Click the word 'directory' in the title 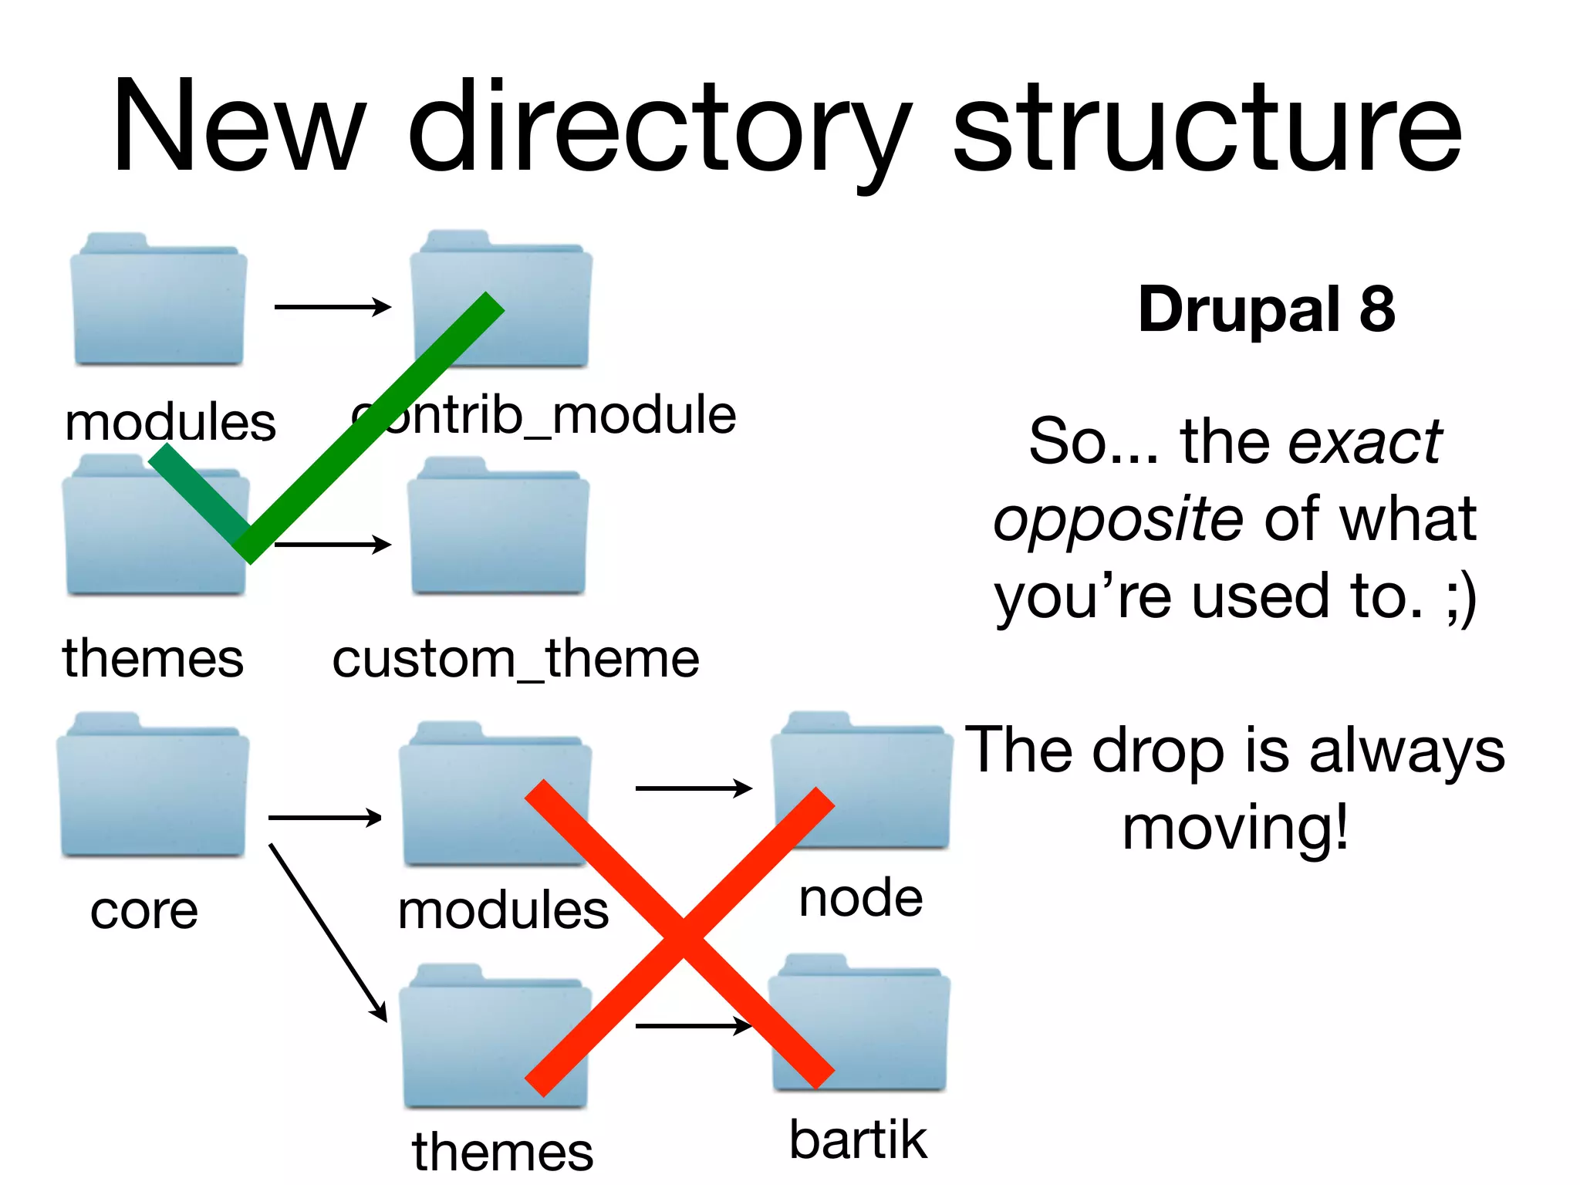pyautogui.click(x=660, y=127)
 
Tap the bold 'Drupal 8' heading pyautogui.click(x=1267, y=309)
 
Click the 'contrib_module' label pyautogui.click(x=544, y=416)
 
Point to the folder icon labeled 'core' pyautogui.click(x=153, y=787)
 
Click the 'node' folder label pyautogui.click(x=860, y=898)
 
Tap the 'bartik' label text pyautogui.click(x=858, y=1140)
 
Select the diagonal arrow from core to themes pyautogui.click(x=327, y=931)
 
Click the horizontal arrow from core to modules pyautogui.click(x=325, y=818)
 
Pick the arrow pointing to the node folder pyautogui.click(x=693, y=788)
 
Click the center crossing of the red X pyautogui.click(x=682, y=937)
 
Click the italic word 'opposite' pyautogui.click(x=1118, y=519)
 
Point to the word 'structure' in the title pyautogui.click(x=1207, y=127)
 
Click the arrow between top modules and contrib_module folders pyautogui.click(x=333, y=307)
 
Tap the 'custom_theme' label pyautogui.click(x=515, y=660)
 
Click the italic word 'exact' pyautogui.click(x=1366, y=442)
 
